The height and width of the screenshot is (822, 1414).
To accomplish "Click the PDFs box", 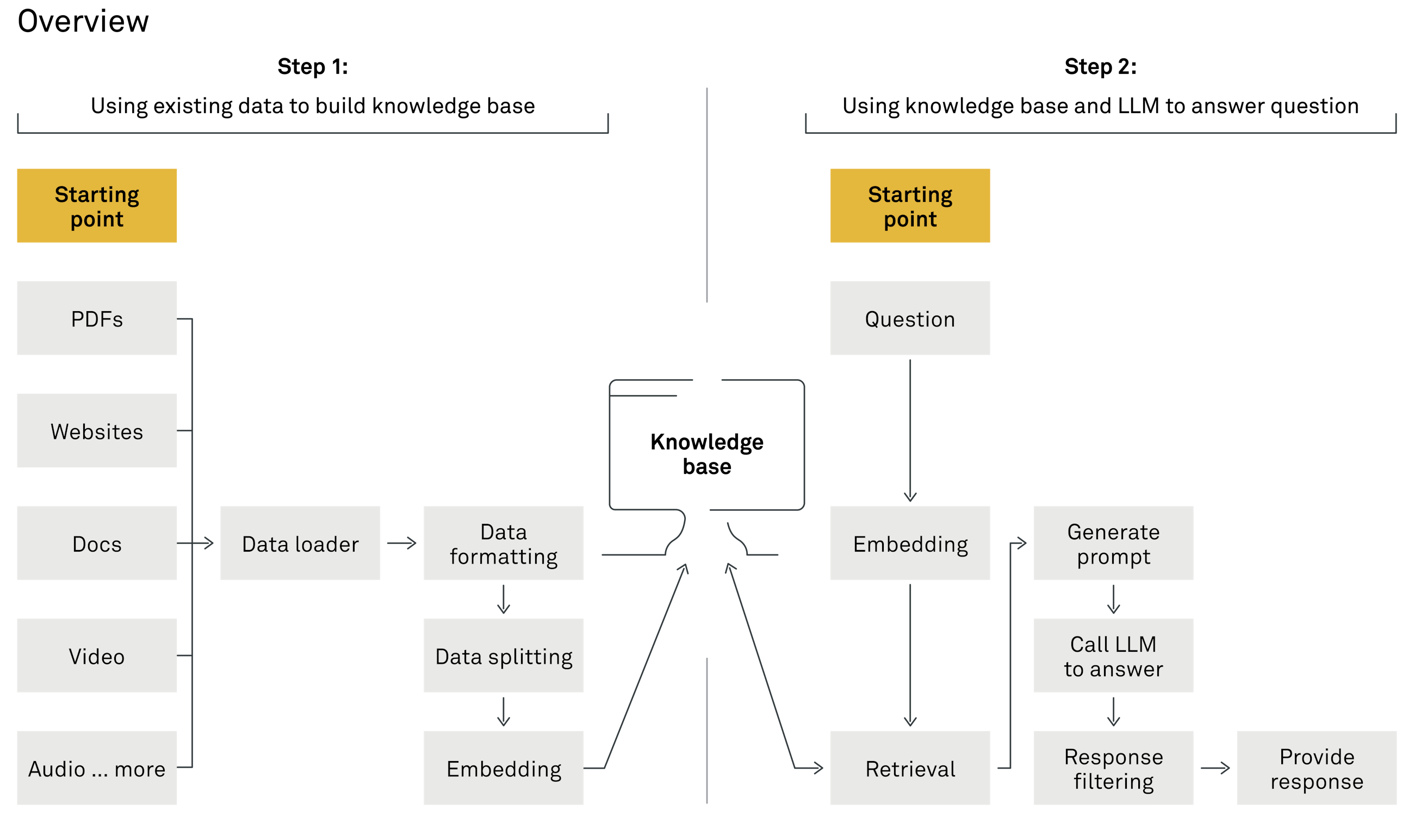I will (96, 318).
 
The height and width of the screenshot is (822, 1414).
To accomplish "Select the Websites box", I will (96, 430).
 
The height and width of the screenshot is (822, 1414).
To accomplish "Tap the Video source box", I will (96, 656).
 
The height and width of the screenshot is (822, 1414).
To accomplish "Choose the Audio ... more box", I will (96, 768).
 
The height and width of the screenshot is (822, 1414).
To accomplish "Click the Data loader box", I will (300, 543).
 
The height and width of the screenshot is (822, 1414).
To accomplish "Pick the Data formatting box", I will (503, 543).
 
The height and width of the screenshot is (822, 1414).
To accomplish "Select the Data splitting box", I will (503, 656).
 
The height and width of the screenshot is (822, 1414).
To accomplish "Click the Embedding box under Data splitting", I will (503, 768).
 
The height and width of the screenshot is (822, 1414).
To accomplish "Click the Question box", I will (909, 318).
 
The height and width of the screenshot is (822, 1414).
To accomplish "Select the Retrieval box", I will (909, 768).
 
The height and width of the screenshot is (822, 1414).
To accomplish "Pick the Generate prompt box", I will (1113, 543).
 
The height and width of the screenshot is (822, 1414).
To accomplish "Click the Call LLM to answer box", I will (1113, 656).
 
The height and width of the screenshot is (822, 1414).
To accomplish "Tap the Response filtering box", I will (1113, 768).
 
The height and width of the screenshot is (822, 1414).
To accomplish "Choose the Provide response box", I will (1316, 768).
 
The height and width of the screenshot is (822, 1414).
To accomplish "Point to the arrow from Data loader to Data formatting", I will (402, 543).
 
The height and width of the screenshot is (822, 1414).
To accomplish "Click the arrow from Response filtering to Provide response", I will (1215, 768).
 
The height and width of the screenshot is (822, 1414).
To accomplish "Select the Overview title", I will (83, 21).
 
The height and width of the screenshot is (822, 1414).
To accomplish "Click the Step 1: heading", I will (313, 67).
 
